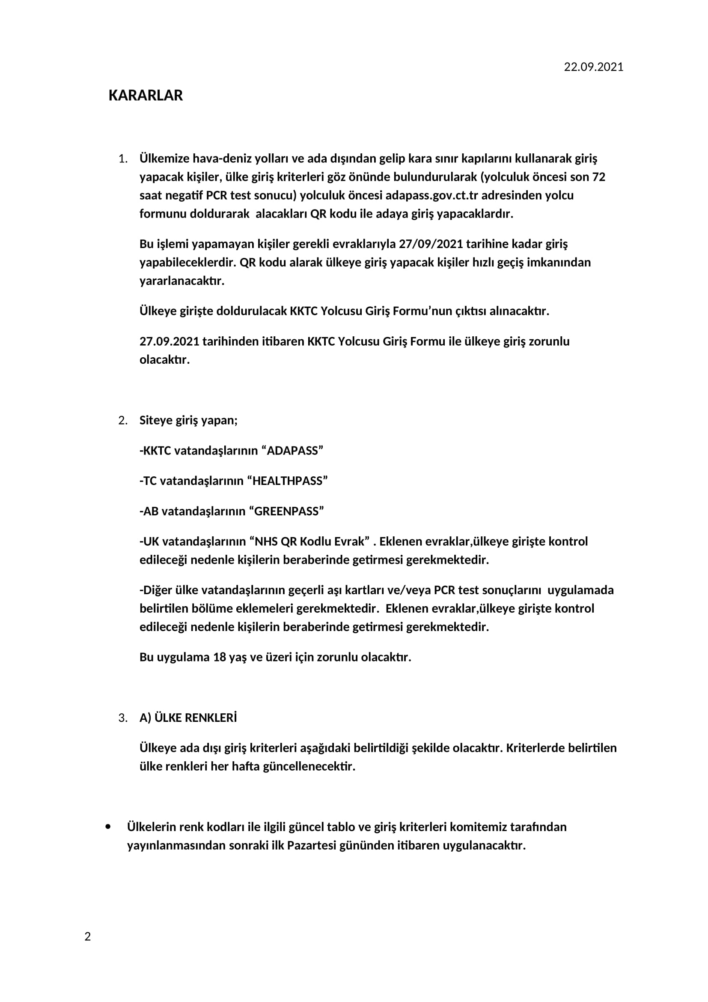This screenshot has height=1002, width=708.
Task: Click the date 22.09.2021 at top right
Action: (x=593, y=67)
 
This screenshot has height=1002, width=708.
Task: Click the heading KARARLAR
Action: (x=146, y=96)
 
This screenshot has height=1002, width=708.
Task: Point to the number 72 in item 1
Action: (x=598, y=177)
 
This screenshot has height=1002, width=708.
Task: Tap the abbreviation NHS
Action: (x=266, y=541)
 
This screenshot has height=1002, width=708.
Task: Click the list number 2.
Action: (x=122, y=421)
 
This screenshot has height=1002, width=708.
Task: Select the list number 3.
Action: (x=122, y=718)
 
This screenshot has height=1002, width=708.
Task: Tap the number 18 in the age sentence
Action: (x=219, y=657)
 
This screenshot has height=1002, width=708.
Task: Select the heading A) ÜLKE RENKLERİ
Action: (x=188, y=718)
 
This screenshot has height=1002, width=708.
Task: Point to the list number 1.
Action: (x=122, y=159)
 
